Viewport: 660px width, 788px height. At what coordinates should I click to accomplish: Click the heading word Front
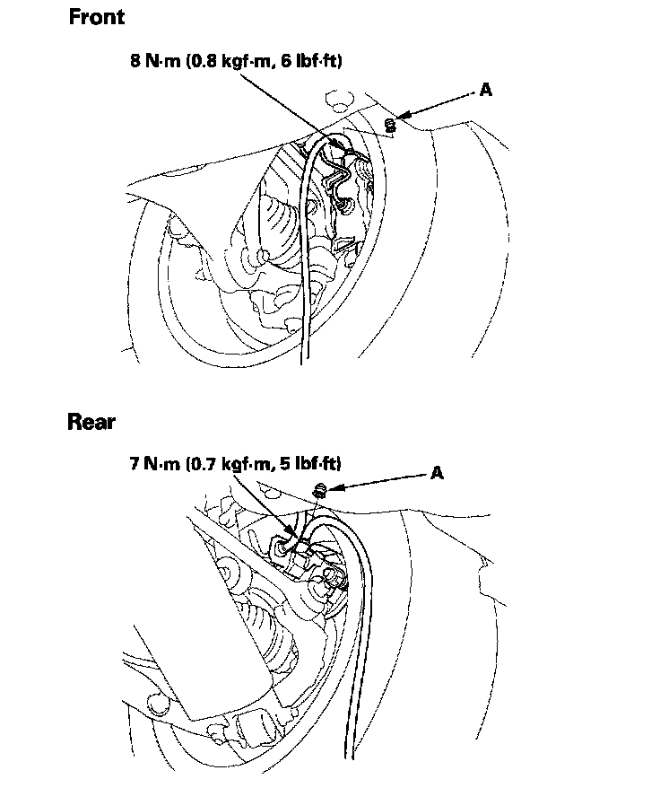coord(97,17)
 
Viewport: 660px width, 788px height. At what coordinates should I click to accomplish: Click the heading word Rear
coord(91,421)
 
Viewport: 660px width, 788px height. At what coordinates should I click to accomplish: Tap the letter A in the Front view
coord(486,90)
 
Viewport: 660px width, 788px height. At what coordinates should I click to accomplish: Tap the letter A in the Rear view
coord(438,472)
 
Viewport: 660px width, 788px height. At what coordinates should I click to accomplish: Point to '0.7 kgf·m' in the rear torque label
coord(230,465)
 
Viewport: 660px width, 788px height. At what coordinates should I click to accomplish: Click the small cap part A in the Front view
coord(390,125)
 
